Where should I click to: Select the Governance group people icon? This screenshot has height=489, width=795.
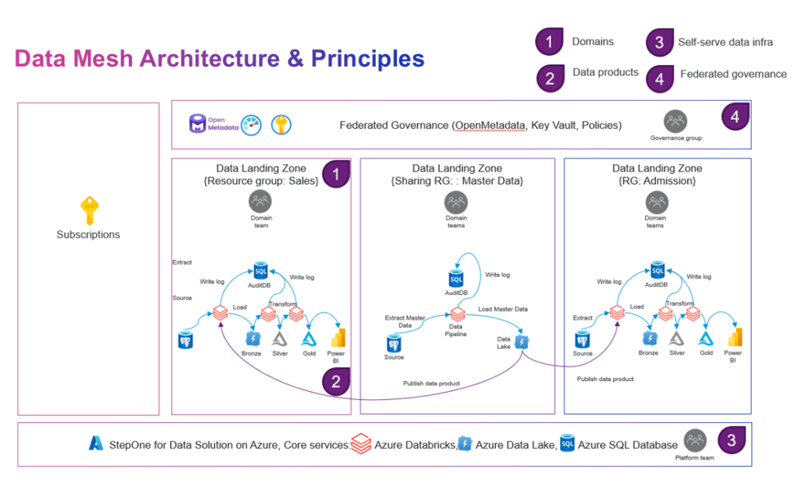(x=675, y=121)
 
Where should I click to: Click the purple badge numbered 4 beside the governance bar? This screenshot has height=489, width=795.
(x=734, y=117)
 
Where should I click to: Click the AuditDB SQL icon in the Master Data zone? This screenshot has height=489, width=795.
(x=457, y=277)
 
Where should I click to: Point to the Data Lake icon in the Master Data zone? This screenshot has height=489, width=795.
(x=522, y=341)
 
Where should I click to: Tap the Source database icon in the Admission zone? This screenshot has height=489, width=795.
(x=582, y=339)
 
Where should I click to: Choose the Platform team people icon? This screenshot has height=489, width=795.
(x=696, y=441)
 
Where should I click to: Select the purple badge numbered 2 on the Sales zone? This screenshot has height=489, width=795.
(x=335, y=381)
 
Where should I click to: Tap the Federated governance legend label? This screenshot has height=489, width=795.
(x=733, y=75)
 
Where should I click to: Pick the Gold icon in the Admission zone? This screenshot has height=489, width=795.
(x=706, y=338)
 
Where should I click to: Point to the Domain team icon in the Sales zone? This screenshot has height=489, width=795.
(x=260, y=202)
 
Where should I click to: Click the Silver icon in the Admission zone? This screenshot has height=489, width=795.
(x=677, y=338)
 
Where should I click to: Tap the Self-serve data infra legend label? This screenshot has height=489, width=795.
(x=725, y=42)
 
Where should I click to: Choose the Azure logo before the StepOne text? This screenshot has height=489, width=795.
(x=96, y=444)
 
